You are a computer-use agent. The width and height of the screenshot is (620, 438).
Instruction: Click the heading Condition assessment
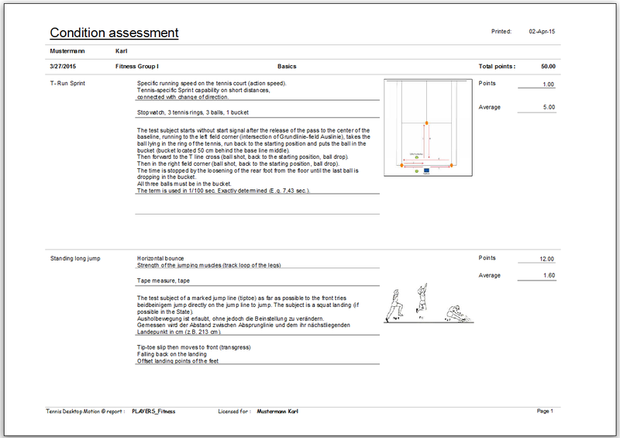(x=114, y=33)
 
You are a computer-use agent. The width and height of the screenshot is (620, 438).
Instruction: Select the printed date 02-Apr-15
(x=542, y=32)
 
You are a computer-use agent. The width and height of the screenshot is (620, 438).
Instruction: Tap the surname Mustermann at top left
(x=67, y=51)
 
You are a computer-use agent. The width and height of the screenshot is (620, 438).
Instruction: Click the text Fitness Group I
(x=136, y=67)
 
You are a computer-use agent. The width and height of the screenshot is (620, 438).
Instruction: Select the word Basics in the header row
(x=287, y=67)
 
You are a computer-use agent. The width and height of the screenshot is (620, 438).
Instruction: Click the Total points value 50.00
(x=548, y=67)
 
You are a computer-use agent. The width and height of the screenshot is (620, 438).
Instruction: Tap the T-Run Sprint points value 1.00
(x=548, y=84)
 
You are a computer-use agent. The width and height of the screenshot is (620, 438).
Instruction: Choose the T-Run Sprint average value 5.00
(x=548, y=107)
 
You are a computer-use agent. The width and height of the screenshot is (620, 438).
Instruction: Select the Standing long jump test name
(x=75, y=258)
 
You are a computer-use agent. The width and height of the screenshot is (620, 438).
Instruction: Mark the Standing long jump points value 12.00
(x=546, y=259)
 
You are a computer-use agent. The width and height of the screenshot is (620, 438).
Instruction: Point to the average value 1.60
(x=548, y=275)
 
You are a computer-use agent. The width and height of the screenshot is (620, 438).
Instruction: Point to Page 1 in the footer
(x=545, y=411)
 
